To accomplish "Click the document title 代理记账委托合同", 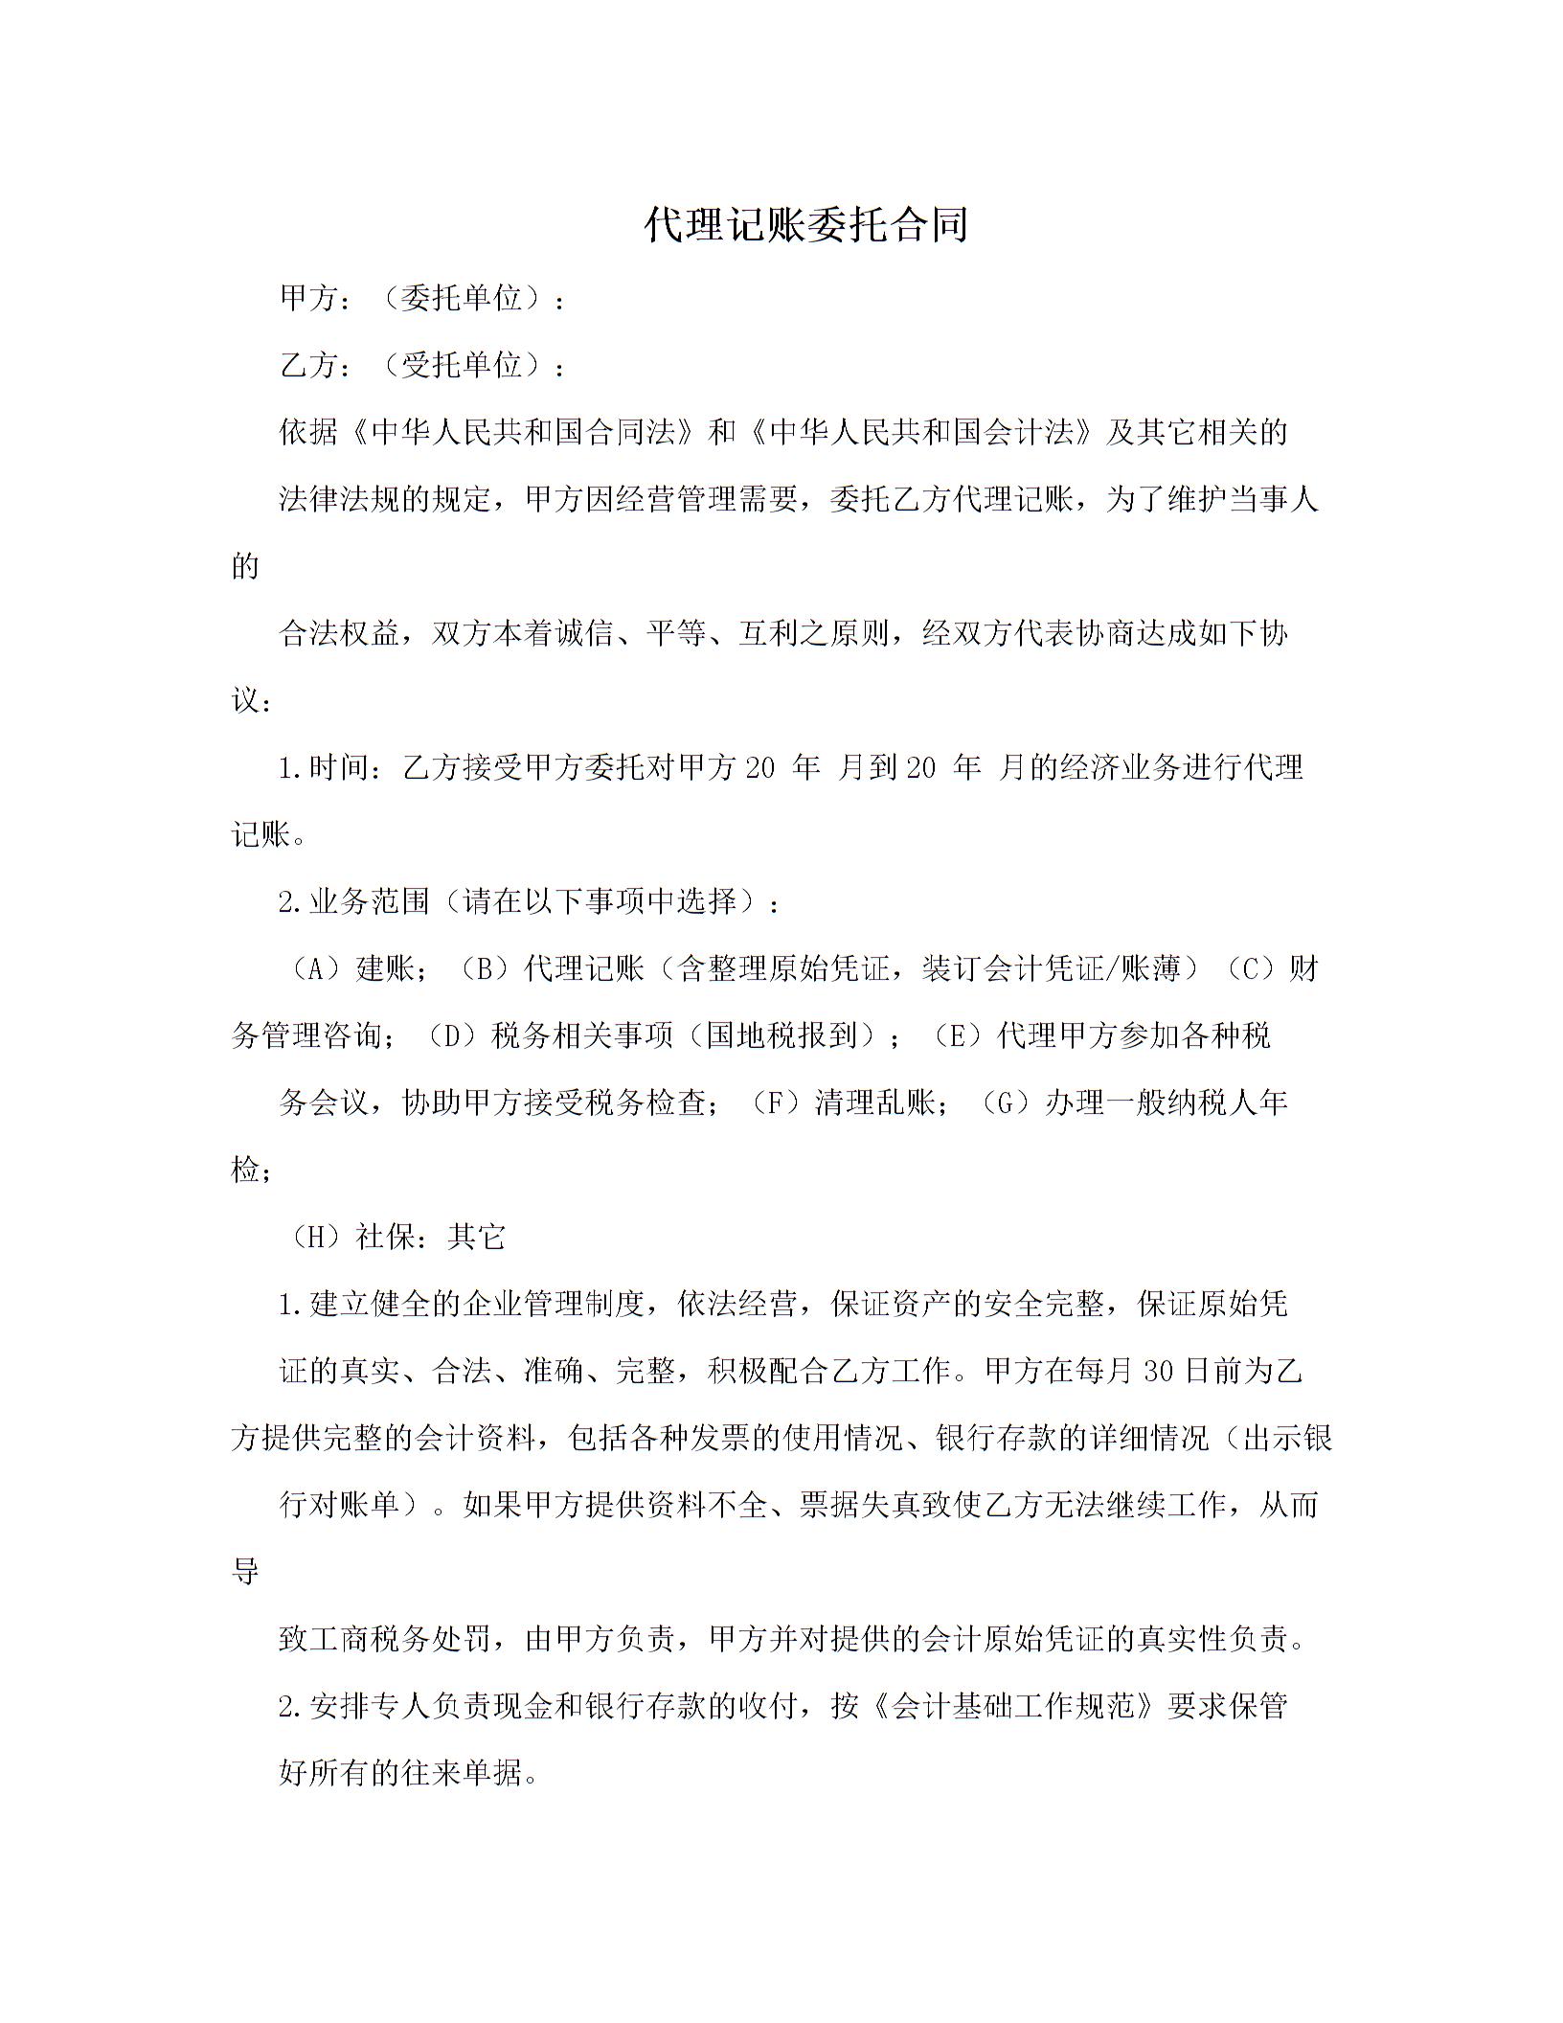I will click(x=805, y=224).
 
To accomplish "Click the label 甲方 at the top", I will click(x=309, y=299).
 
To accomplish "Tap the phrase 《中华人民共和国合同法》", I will click(x=522, y=432).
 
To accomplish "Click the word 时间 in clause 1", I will click(x=339, y=767).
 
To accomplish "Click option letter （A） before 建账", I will click(x=314, y=968).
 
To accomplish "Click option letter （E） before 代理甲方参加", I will click(x=955, y=1035).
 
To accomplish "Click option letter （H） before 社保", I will click(x=314, y=1237).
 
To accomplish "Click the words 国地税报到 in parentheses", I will click(x=781, y=1035).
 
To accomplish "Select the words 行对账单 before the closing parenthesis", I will click(x=339, y=1505).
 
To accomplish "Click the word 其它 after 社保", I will click(x=476, y=1237).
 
